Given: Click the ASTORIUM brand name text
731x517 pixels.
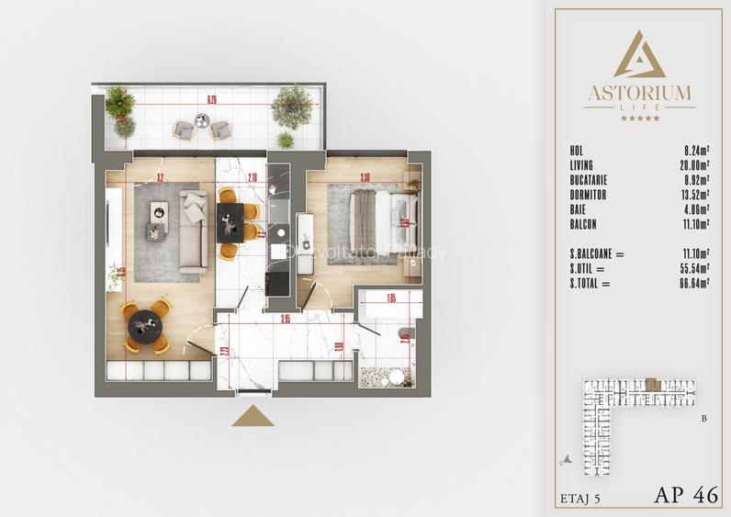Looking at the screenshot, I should pos(639,92).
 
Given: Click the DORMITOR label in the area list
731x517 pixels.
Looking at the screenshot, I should pos(589,196).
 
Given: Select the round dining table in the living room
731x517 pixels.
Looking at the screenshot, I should pos(145,325).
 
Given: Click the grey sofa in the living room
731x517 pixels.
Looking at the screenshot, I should pos(193,230).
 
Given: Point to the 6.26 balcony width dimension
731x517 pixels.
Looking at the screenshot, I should pos(212,99).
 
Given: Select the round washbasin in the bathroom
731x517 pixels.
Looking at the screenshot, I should pos(396,376).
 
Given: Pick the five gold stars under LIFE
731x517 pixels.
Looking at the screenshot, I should pos(639,118).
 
